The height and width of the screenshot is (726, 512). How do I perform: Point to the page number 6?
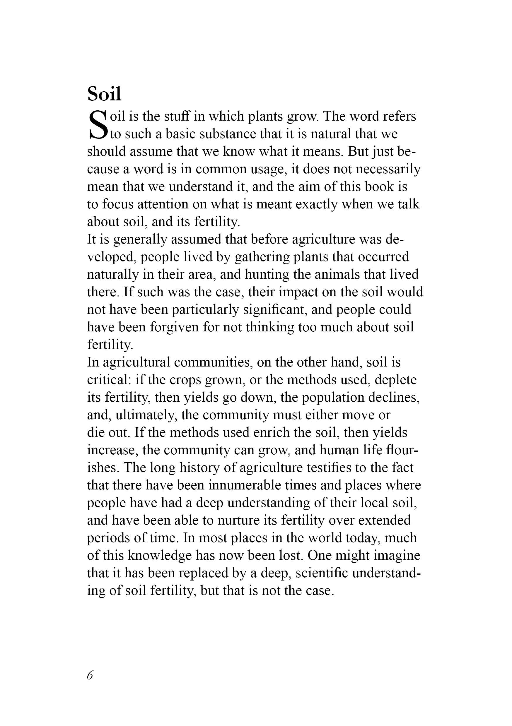(90, 675)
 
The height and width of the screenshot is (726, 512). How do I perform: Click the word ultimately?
(146, 415)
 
